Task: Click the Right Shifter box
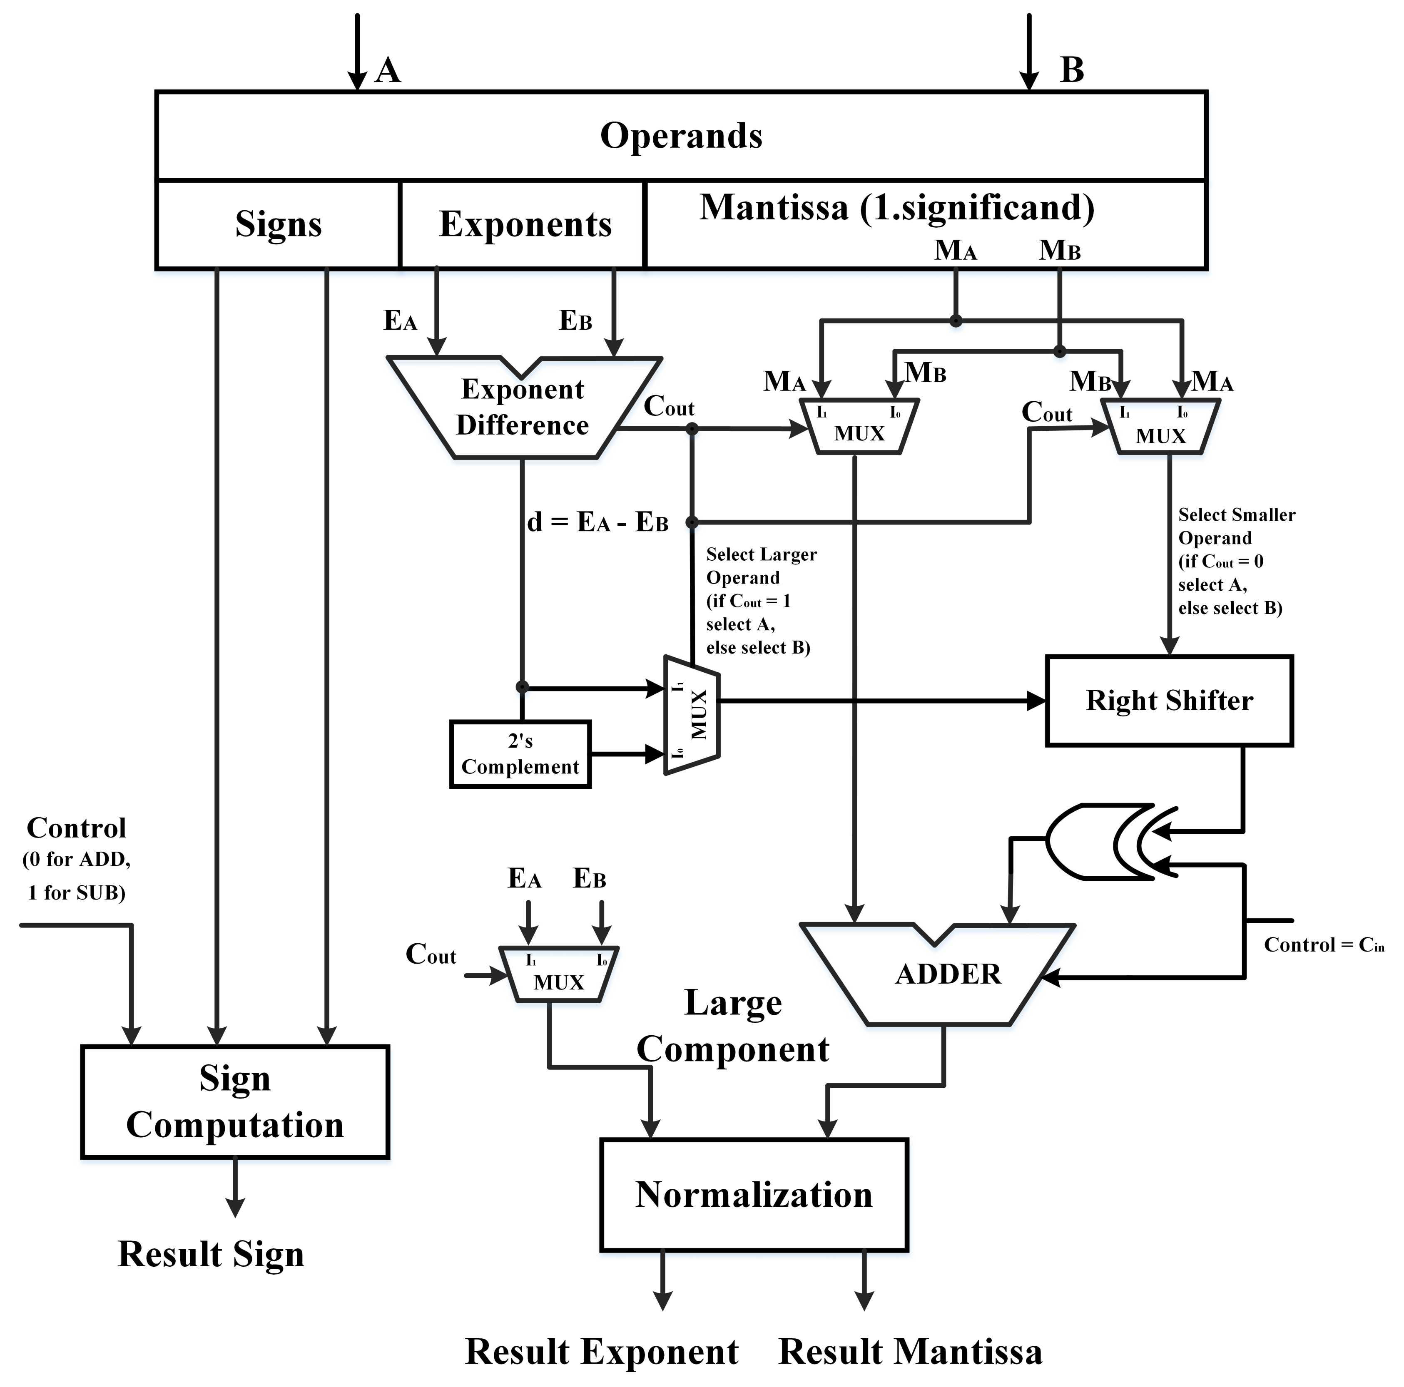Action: click(1169, 701)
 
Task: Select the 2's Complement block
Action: click(520, 754)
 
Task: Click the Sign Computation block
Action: click(235, 1101)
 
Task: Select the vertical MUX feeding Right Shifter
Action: click(692, 715)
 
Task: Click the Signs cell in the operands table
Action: click(278, 224)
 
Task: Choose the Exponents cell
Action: click(525, 224)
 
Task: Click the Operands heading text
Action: click(681, 136)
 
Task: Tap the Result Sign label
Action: click(211, 1254)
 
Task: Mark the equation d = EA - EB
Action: click(597, 522)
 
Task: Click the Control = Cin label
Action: click(1323, 945)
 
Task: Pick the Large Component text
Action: click(732, 1026)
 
